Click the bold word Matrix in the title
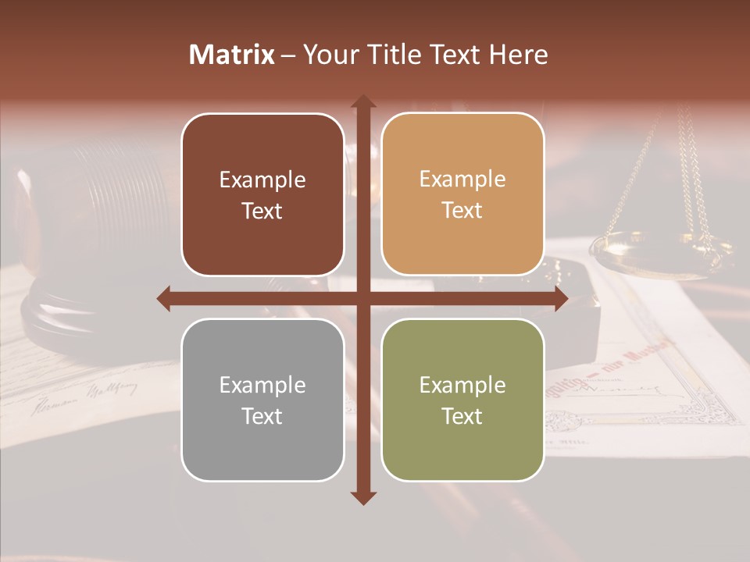point(232,55)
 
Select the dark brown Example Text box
point(262,195)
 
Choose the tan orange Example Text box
point(462,194)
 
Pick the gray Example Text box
point(262,400)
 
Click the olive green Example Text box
point(462,400)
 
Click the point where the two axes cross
point(362,298)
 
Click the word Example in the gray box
point(262,385)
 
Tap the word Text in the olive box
point(462,417)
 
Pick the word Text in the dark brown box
point(262,212)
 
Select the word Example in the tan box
point(462,179)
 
